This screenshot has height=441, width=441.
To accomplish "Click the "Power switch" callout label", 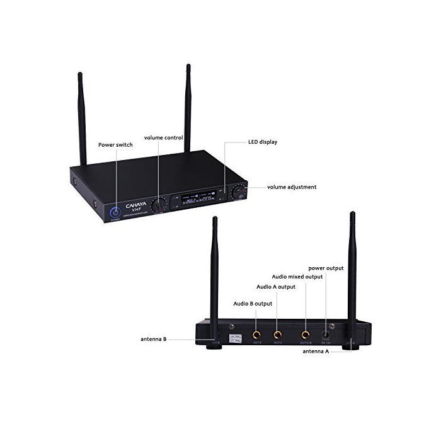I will click(x=115, y=145).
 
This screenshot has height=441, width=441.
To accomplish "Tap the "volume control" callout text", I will click(x=163, y=137).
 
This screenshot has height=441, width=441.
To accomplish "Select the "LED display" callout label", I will click(x=262, y=142).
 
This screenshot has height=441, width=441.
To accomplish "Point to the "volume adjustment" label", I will click(x=292, y=187).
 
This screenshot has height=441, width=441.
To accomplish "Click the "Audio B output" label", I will click(x=252, y=304).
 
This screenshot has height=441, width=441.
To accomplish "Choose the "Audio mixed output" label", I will click(x=297, y=277).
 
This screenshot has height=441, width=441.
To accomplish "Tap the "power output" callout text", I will click(x=326, y=268).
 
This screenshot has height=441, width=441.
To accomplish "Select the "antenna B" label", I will click(x=154, y=339).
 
